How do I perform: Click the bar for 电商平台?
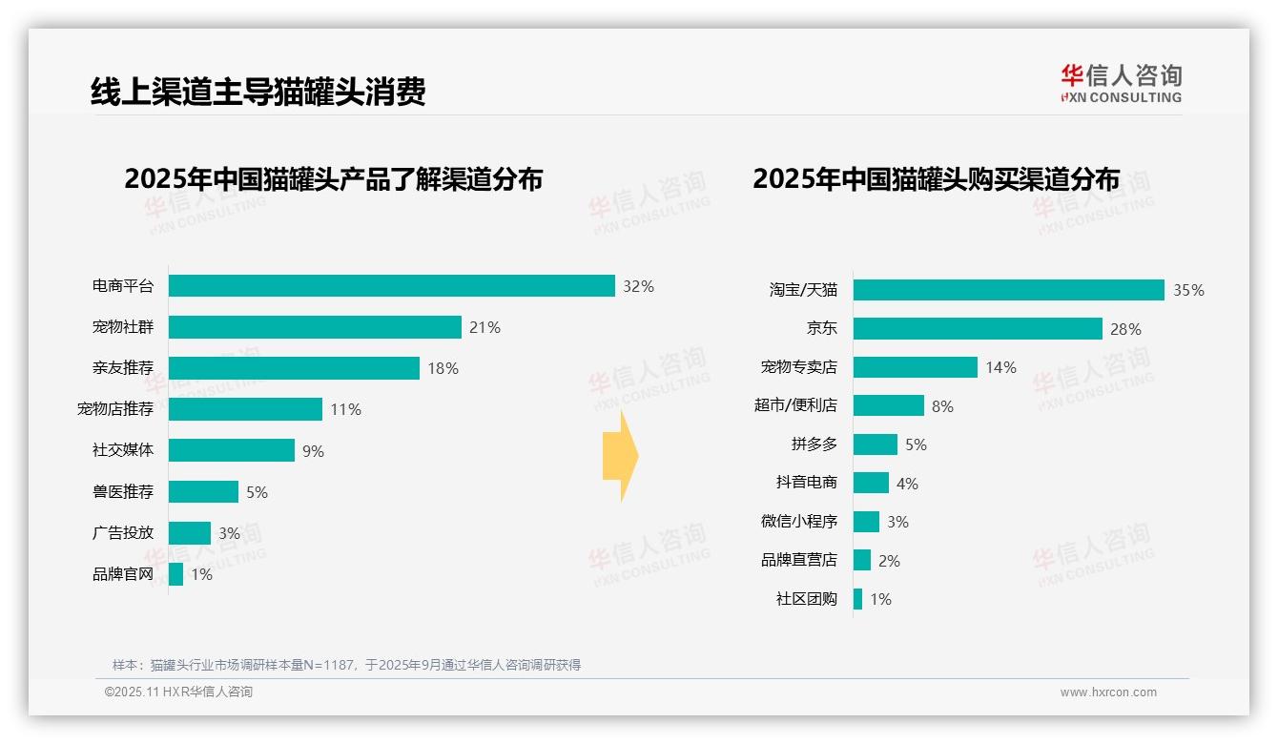coord(391,286)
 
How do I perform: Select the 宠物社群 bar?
coord(315,327)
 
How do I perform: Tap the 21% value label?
coord(484,327)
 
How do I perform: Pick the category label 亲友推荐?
coord(122,368)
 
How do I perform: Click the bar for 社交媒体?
coord(232,450)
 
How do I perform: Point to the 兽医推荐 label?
coord(122,491)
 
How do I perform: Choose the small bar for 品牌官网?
coord(175,574)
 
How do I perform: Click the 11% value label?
coord(345,409)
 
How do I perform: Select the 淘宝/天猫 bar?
coord(1008,290)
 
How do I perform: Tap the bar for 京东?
coord(978,329)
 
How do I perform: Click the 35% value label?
coord(1188,290)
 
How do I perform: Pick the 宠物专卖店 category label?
coord(798,367)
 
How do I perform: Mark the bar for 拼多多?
coord(875,444)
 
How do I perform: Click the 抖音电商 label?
coord(806,484)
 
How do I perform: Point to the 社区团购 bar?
coord(857,599)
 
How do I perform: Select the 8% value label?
coord(942,406)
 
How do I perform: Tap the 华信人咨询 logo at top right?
coord(1121,83)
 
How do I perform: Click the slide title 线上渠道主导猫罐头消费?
coord(258,92)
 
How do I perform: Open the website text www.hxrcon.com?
coord(1108,692)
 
